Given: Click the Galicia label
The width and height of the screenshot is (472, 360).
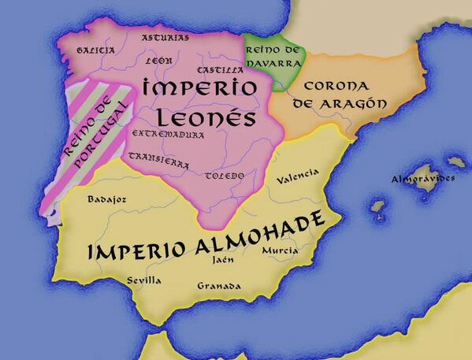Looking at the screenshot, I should (x=95, y=50).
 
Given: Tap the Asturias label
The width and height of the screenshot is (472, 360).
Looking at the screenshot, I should (x=165, y=37).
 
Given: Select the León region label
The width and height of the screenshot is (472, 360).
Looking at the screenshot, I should (x=158, y=61).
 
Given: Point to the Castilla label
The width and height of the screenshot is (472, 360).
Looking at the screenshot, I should (x=221, y=70).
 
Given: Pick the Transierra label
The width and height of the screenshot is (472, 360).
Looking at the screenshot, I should (x=158, y=161).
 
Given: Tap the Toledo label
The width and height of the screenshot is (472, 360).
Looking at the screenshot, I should (x=225, y=176).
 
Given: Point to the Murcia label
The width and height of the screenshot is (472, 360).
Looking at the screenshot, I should (x=280, y=251).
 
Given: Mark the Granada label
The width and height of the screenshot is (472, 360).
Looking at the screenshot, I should (x=219, y=285).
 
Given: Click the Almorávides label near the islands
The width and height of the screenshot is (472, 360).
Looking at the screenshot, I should (x=423, y=179).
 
